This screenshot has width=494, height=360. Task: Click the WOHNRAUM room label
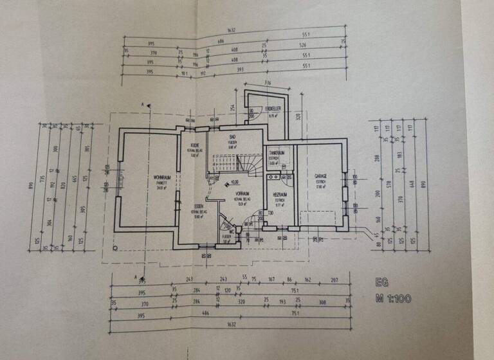[x=161, y=177]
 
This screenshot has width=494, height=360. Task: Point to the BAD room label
[x=233, y=138]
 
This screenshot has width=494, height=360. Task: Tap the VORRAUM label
[x=242, y=193]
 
